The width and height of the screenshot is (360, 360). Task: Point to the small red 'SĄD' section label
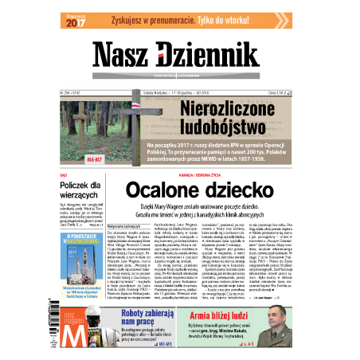[64, 173]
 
